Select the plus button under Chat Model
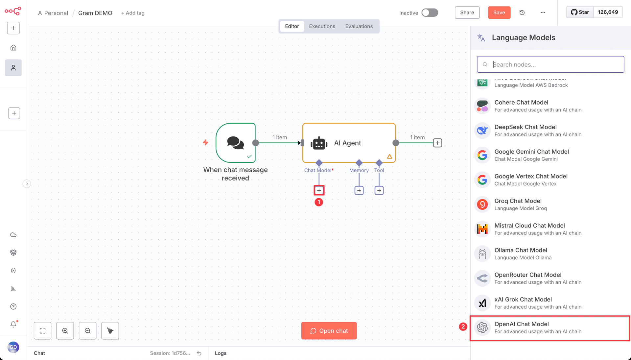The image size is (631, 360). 319,190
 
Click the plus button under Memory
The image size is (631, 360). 359,190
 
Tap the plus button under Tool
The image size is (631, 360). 379,190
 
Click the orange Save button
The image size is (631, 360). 499,12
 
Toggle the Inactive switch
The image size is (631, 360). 430,12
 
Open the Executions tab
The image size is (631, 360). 322,26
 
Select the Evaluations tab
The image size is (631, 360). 359,26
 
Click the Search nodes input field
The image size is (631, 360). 550,64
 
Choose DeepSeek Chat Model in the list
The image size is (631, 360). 538,131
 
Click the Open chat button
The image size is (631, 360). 329,331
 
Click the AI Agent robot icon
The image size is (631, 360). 319,143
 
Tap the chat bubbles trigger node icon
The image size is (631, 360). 235,143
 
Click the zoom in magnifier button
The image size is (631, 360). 65,331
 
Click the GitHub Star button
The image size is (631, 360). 580,12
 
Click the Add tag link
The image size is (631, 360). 133,13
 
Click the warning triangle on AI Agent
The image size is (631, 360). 389,156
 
